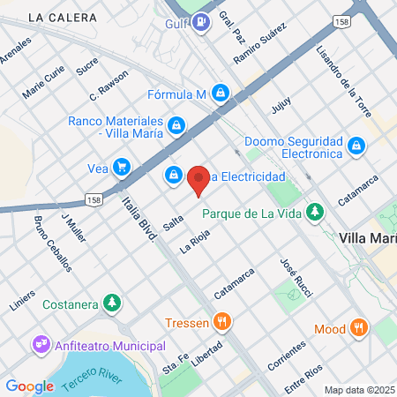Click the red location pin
click(198, 179)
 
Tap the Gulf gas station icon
click(202, 21)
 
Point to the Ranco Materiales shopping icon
click(177, 125)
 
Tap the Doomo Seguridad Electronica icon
click(356, 145)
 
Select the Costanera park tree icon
click(111, 303)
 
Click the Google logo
click(29, 386)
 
